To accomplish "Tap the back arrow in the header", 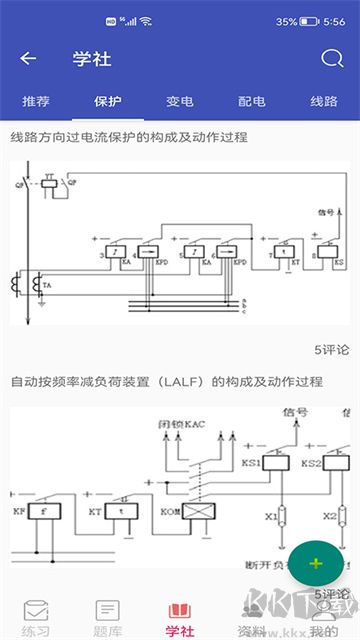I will tap(28, 58).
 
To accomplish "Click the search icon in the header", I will tap(332, 58).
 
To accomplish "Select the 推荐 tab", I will tap(35, 101).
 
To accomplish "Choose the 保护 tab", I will tap(107, 101).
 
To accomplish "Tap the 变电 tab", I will tap(180, 101).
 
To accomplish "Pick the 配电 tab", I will tap(252, 101).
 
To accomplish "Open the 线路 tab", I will tap(324, 101).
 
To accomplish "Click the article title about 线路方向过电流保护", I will tap(129, 136).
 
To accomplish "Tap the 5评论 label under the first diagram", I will tap(331, 350).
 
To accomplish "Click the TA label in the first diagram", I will tap(46, 286).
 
